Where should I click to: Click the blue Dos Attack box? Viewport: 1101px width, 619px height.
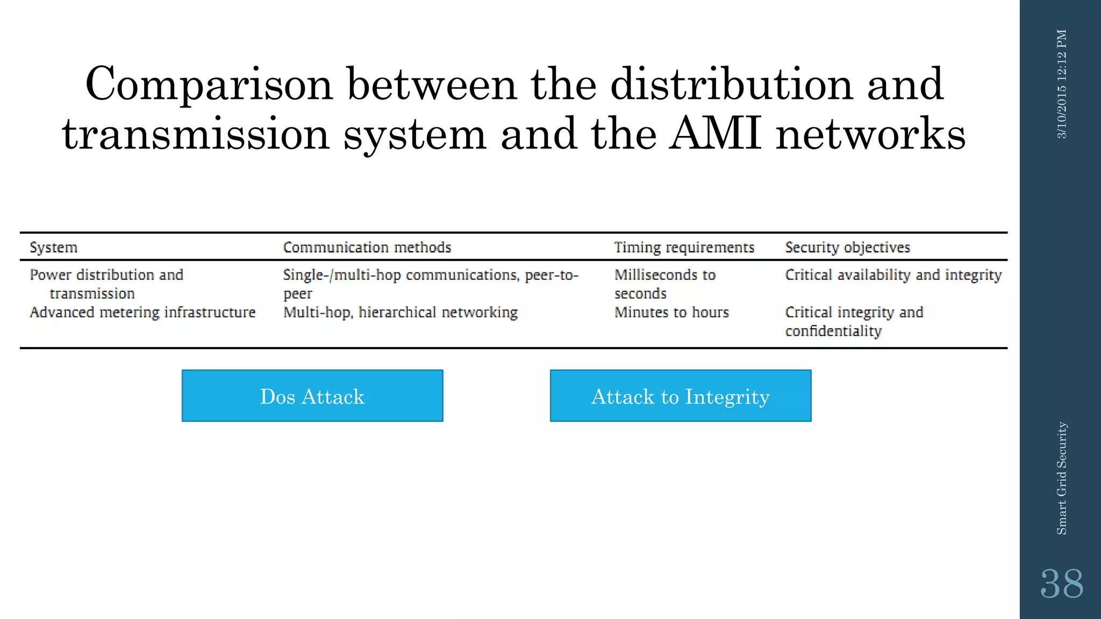pyautogui.click(x=312, y=396)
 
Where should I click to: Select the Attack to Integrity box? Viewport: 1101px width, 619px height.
pyautogui.click(x=680, y=396)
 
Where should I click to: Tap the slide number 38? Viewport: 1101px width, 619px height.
pyautogui.click(x=1061, y=584)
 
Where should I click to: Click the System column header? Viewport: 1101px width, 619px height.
pyautogui.click(x=54, y=247)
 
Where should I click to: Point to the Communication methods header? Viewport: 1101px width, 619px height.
pyautogui.click(x=367, y=247)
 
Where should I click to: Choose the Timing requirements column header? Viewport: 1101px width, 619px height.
pyautogui.click(x=684, y=247)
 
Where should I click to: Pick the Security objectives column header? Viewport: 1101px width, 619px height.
pyautogui.click(x=847, y=247)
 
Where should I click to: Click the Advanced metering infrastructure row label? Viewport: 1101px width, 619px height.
pyautogui.click(x=142, y=312)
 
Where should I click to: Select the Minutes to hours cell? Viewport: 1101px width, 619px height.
pyautogui.click(x=671, y=312)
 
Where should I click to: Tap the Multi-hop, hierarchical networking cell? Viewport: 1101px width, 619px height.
pyautogui.click(x=401, y=312)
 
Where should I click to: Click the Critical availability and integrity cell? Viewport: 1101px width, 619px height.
pyautogui.click(x=893, y=275)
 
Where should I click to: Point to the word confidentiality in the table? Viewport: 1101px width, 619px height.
pyautogui.click(x=833, y=331)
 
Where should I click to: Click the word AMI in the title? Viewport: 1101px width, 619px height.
pyautogui.click(x=716, y=134)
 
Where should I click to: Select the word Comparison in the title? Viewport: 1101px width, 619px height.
pyautogui.click(x=209, y=84)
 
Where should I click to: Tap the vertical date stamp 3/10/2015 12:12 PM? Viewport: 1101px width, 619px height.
pyautogui.click(x=1062, y=84)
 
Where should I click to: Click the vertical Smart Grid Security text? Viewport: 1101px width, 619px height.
pyautogui.click(x=1062, y=478)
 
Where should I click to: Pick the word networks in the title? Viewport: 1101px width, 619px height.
pyautogui.click(x=871, y=134)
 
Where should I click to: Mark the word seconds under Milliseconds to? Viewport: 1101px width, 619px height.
pyautogui.click(x=640, y=294)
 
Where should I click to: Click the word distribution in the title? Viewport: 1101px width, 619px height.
pyautogui.click(x=732, y=84)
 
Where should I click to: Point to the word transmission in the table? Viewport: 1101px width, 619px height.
pyautogui.click(x=92, y=294)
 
